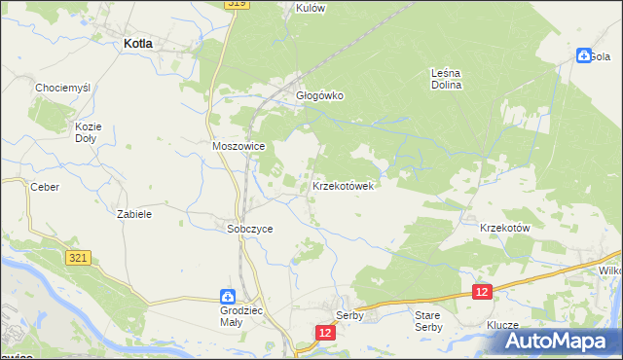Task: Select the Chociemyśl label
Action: [x=62, y=88]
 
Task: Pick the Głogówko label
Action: [x=320, y=96]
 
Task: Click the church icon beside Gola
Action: [x=583, y=55]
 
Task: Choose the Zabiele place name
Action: [x=133, y=213]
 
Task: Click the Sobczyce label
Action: [x=250, y=229]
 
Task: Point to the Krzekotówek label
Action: [x=343, y=185]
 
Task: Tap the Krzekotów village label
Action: [x=504, y=228]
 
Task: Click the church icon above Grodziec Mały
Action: [x=226, y=296]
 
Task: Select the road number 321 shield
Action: [x=80, y=258]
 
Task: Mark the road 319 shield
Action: [x=237, y=4]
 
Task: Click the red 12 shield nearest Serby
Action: [x=325, y=333]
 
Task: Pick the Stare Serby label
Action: [x=428, y=321]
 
